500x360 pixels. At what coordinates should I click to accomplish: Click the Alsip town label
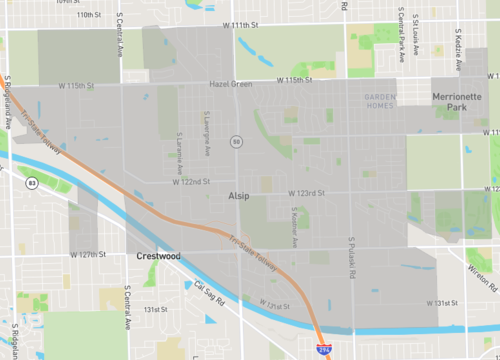238,197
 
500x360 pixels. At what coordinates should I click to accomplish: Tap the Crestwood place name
157,256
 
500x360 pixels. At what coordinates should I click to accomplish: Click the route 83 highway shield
33,183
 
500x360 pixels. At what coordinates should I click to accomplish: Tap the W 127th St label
88,254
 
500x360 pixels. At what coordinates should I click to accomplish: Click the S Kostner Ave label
293,228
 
